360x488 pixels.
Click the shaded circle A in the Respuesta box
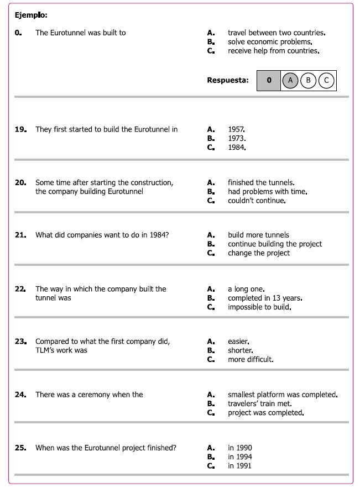(290, 80)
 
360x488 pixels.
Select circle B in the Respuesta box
(308, 80)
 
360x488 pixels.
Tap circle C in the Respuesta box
(326, 80)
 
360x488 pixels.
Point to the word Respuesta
(227, 80)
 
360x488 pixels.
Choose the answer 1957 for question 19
(236, 129)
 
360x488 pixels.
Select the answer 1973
(236, 138)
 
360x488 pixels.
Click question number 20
(20, 182)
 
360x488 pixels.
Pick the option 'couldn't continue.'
(257, 201)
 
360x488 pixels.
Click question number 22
(20, 289)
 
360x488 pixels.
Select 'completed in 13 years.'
(264, 298)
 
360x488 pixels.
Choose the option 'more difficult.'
(251, 359)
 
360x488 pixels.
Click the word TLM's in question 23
(46, 350)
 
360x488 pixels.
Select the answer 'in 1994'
(239, 457)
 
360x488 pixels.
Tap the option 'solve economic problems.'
(270, 42)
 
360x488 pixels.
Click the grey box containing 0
(269, 80)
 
